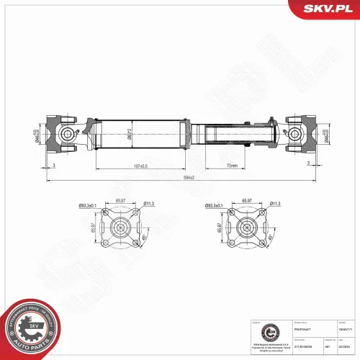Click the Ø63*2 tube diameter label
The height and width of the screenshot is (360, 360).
tap(130, 134)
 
